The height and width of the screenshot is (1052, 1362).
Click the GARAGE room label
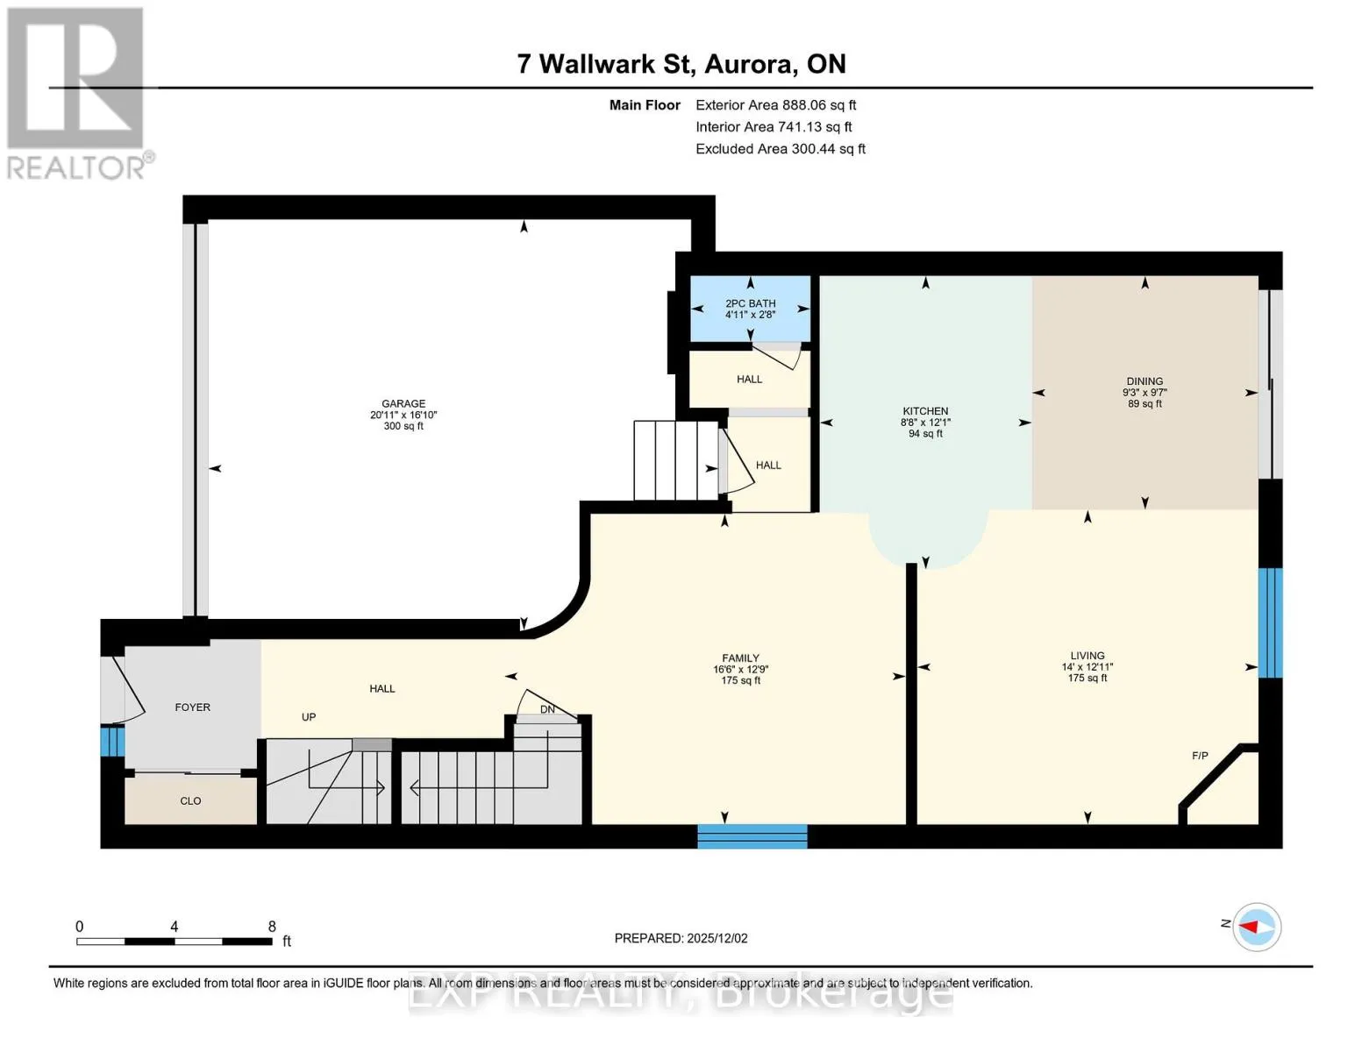click(x=403, y=403)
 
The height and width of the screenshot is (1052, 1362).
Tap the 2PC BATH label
click(x=750, y=303)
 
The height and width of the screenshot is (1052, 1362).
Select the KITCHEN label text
click(x=925, y=411)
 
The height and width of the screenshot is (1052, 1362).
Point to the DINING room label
click(x=1145, y=381)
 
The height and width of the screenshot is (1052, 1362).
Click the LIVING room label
click(x=1087, y=656)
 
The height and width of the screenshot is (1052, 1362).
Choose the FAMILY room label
click(x=740, y=657)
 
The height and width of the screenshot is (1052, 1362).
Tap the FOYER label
click(x=192, y=707)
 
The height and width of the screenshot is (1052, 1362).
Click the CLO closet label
click(x=190, y=800)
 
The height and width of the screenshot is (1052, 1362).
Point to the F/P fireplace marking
click(x=1200, y=756)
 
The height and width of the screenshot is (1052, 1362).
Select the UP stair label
click(x=309, y=717)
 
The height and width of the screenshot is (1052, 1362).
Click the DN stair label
click(x=547, y=709)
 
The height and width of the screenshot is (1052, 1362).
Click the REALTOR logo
click(x=77, y=94)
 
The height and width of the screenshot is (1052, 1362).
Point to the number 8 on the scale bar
click(x=272, y=926)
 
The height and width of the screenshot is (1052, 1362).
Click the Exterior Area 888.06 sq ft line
click(x=776, y=105)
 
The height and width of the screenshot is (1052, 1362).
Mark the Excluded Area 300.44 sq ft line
click(x=781, y=149)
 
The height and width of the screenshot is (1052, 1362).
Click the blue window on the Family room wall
click(x=752, y=836)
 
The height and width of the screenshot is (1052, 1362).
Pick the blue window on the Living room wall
click(x=1271, y=622)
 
